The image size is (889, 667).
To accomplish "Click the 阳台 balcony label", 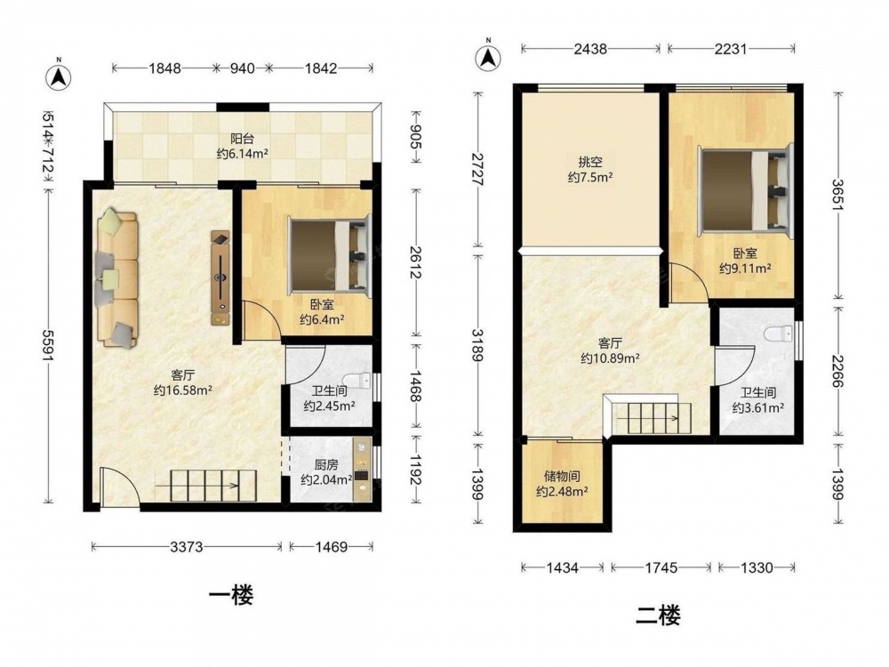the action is (x=242, y=138).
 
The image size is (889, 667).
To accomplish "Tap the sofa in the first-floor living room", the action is (x=116, y=277).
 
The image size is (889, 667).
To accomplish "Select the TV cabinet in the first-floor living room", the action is (x=220, y=277).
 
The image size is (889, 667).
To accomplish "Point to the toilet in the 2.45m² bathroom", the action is (x=359, y=379).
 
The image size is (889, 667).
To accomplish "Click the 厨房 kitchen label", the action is (x=326, y=464).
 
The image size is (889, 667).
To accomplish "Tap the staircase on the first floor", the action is (x=205, y=486).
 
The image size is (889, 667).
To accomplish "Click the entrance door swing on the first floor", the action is (x=119, y=486).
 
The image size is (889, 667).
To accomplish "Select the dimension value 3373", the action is (x=187, y=547).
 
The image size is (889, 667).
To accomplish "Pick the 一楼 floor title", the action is (x=231, y=595).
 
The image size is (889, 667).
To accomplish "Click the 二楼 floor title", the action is (x=658, y=615).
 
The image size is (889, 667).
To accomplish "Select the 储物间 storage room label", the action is (x=562, y=477).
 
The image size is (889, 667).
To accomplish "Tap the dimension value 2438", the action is (x=590, y=49).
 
